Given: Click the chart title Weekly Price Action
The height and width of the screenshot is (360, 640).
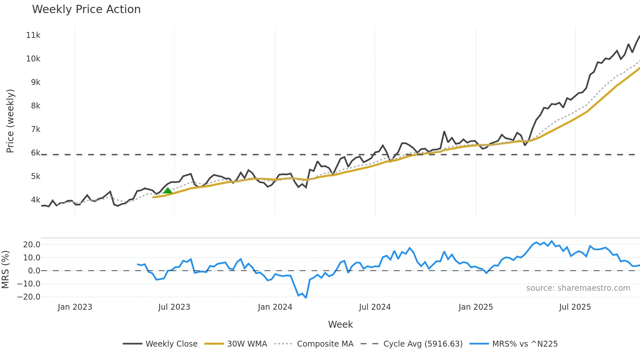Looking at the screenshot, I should tap(86, 9).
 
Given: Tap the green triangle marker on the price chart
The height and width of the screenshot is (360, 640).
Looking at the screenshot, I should tap(168, 190).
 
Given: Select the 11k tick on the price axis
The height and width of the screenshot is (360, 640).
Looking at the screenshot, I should tap(33, 35).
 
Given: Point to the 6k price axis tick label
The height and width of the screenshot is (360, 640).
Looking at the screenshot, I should tap(36, 153).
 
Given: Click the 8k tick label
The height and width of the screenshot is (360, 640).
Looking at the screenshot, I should tap(36, 106).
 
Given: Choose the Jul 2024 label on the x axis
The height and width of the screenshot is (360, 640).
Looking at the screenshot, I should tap(375, 307).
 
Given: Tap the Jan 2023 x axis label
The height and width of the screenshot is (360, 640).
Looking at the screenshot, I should tap(75, 307).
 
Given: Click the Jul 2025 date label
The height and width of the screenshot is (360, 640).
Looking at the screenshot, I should tap(575, 307).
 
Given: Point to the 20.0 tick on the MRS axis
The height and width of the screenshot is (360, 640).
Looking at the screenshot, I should tap(32, 245).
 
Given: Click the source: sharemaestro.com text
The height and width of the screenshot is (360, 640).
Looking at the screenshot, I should tap(578, 288).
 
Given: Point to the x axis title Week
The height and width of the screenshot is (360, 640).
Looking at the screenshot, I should tap(340, 324).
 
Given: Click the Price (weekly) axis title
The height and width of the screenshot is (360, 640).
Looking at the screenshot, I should tap(10, 121).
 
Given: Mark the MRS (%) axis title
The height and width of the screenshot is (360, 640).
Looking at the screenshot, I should tap(5, 270).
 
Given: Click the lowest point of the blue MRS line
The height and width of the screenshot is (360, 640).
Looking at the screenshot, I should tap(306, 298).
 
